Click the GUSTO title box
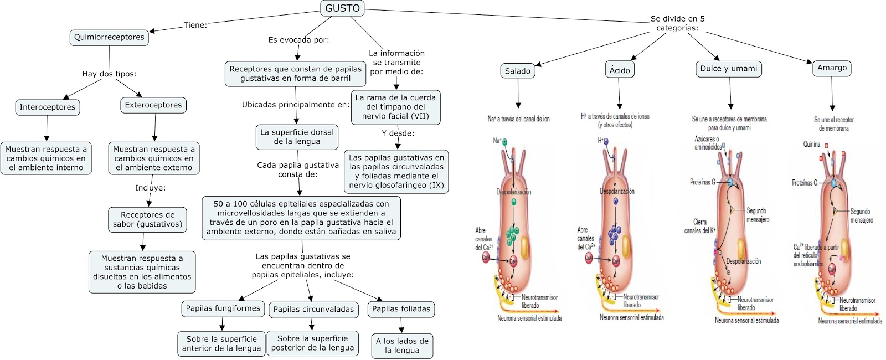tap(342, 8)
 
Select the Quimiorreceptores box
tap(109, 37)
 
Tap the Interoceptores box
tap(47, 107)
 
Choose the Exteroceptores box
tap(153, 105)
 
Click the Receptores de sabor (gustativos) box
tap(147, 219)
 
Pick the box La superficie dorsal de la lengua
tap(297, 137)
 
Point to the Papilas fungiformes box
tap(223, 308)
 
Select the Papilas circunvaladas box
tap(313, 310)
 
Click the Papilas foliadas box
tap(401, 309)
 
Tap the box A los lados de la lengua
tap(402, 346)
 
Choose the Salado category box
tap(517, 71)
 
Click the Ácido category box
tap(620, 70)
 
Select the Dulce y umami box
tap(728, 69)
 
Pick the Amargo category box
tap(832, 68)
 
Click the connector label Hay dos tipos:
tap(109, 74)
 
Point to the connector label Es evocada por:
tap(298, 40)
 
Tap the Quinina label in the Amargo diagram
tap(812, 145)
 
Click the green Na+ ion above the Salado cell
tap(504, 142)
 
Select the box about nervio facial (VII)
tap(395, 106)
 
